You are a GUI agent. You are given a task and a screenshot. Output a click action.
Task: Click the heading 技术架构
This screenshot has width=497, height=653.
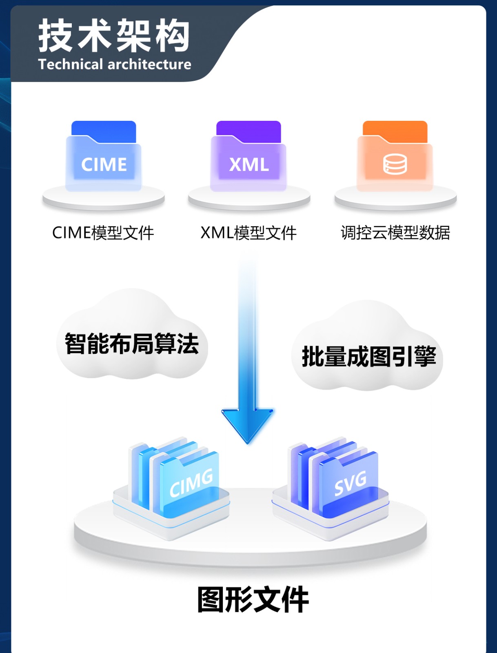[114, 36]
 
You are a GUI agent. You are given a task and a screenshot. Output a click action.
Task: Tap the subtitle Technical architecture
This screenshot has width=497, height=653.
[115, 64]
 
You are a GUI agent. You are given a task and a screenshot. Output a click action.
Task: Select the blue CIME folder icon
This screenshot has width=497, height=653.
[104, 156]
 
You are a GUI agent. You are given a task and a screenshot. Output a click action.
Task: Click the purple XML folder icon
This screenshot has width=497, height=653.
[248, 156]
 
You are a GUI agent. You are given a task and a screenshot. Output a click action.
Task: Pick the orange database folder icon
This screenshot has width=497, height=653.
[395, 156]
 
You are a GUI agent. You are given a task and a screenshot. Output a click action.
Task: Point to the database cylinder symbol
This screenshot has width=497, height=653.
[395, 164]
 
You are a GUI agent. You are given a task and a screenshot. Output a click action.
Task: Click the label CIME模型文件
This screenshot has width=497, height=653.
[103, 233]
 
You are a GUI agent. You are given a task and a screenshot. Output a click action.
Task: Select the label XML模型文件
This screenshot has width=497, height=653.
[248, 233]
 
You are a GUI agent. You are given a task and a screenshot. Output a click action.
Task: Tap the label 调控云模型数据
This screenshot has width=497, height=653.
[395, 233]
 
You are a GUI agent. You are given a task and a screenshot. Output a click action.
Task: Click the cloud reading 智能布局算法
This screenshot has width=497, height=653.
[131, 344]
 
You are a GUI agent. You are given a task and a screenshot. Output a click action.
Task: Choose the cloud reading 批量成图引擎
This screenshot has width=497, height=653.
[368, 356]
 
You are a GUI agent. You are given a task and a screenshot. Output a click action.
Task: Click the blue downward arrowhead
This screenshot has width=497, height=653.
[247, 424]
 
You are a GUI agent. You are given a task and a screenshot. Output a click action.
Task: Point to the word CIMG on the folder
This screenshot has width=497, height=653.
[191, 483]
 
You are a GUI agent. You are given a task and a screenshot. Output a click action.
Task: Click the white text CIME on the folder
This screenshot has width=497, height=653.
[104, 164]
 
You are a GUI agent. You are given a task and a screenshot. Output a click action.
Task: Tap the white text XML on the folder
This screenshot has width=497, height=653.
[249, 164]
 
